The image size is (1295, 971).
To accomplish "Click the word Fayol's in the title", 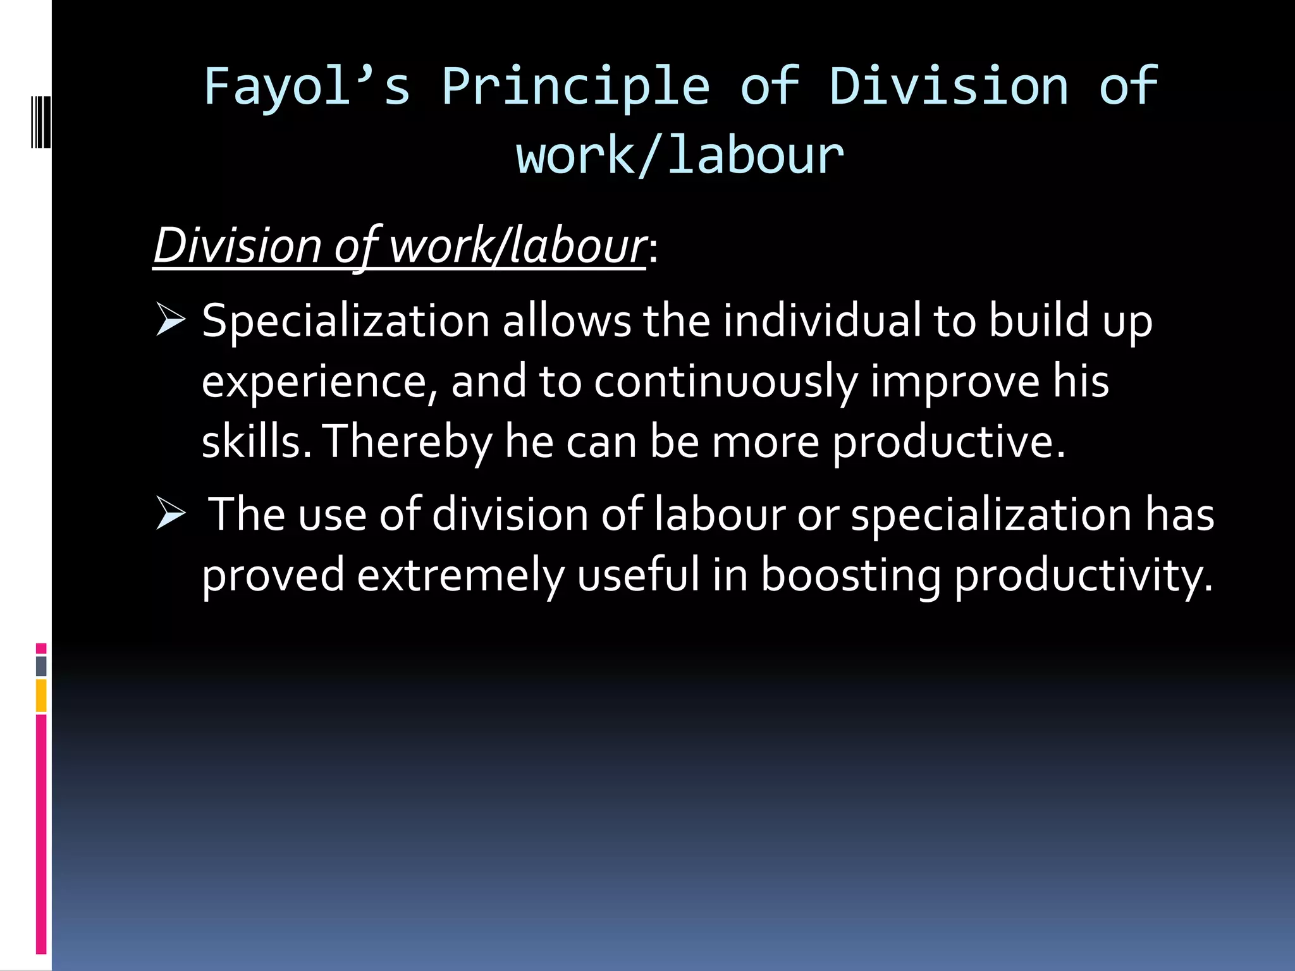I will (x=307, y=87).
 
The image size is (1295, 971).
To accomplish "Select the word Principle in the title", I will (x=576, y=87).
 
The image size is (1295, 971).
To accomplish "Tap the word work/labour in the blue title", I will (x=680, y=156).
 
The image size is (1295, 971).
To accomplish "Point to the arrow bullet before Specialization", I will (x=170, y=320).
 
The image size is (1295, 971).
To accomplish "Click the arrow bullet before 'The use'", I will (x=170, y=513).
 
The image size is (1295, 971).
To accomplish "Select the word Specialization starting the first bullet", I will (x=346, y=321).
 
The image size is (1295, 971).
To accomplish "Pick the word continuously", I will (x=725, y=381).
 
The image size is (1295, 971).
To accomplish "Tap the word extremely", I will (x=460, y=575).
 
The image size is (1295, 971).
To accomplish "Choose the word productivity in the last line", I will (x=1084, y=575).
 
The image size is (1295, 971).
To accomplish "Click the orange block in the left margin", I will (x=41, y=695).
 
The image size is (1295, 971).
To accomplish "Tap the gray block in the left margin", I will (x=41, y=666).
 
